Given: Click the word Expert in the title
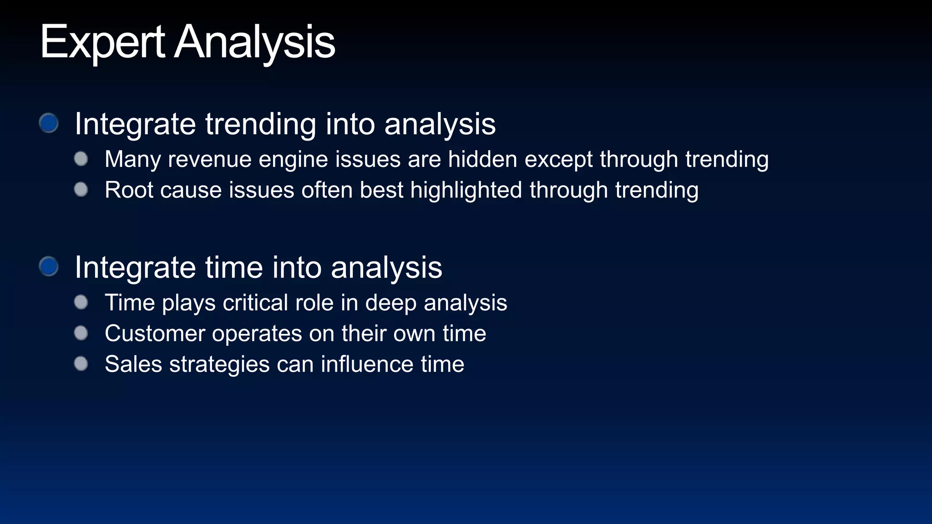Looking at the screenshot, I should (x=102, y=42).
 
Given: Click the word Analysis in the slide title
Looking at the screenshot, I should (x=255, y=42).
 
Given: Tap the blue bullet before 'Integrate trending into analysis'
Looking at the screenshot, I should (x=49, y=123).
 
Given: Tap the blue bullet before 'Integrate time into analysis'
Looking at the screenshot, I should (x=49, y=266).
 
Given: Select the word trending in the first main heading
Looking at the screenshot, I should (x=261, y=124).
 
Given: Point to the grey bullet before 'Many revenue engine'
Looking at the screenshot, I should (x=81, y=159).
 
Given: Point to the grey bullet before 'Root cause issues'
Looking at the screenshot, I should (x=81, y=189).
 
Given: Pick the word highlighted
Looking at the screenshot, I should (x=466, y=190).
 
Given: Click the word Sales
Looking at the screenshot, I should (x=133, y=364).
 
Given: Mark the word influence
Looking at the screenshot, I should (x=367, y=364).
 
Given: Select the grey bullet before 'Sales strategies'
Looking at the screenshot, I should (x=81, y=363).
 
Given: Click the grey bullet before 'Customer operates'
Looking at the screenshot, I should (x=81, y=333).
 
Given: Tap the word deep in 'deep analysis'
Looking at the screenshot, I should (x=390, y=303).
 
